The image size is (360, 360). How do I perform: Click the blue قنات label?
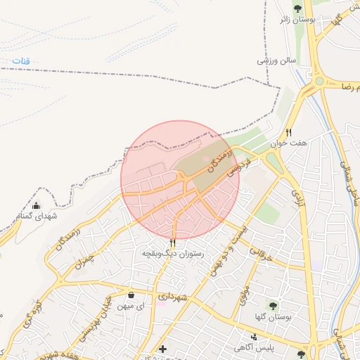point(20,62)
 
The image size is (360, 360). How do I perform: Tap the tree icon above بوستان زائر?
point(298,8)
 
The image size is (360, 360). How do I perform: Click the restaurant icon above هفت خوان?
point(288,132)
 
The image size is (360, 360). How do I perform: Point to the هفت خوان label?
point(292,143)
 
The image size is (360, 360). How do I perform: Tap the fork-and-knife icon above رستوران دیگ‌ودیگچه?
point(172,242)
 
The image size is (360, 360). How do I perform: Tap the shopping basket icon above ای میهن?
point(132,295)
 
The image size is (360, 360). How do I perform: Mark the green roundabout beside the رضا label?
point(321,82)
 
